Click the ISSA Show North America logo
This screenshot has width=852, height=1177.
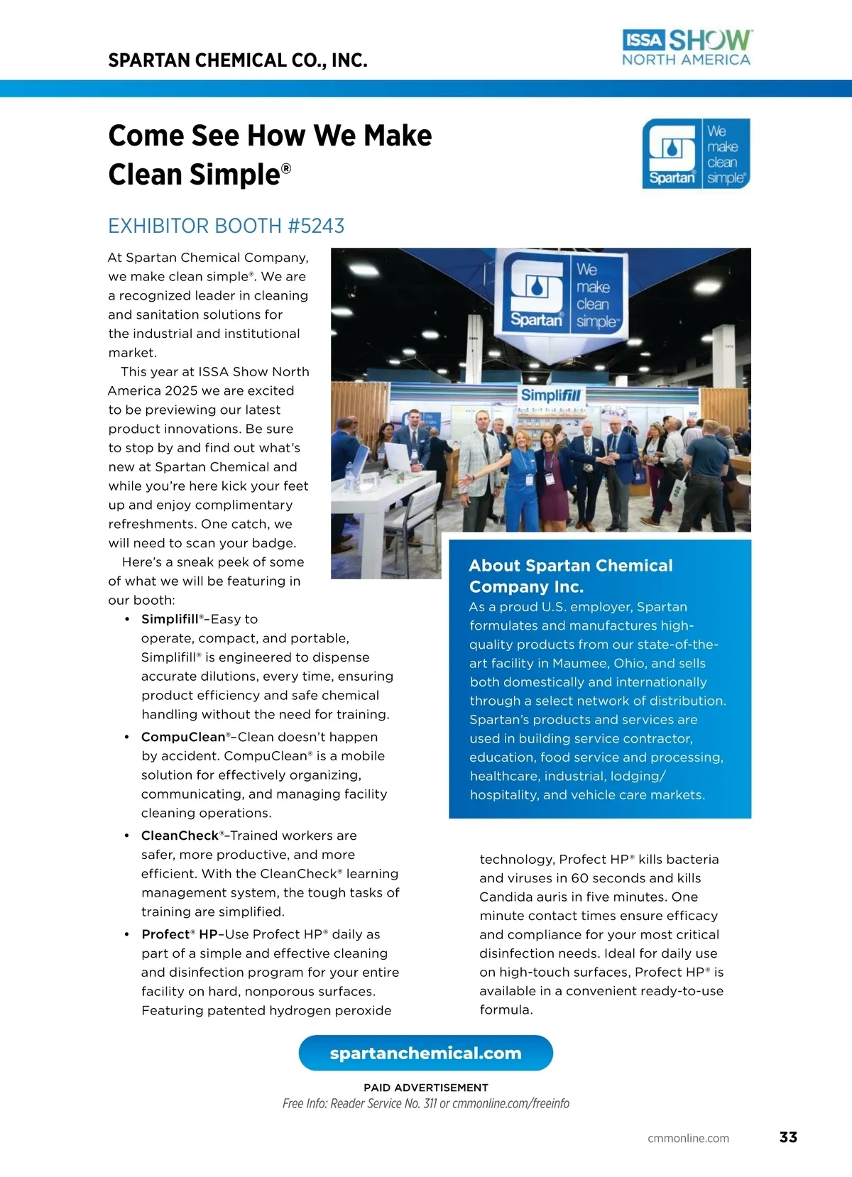pyautogui.click(x=686, y=48)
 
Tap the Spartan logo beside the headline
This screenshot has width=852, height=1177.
pyautogui.click(x=696, y=153)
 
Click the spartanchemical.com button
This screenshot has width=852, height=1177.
pyautogui.click(x=425, y=1053)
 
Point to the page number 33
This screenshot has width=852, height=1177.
pyautogui.click(x=788, y=1137)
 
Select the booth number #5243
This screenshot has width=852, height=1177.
pyautogui.click(x=316, y=226)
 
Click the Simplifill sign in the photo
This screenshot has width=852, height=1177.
pyautogui.click(x=551, y=395)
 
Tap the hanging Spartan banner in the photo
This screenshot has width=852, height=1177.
pyautogui.click(x=566, y=292)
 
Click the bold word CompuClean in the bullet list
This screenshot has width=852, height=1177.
pyautogui.click(x=183, y=737)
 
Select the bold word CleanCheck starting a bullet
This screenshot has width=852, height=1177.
pyautogui.click(x=180, y=836)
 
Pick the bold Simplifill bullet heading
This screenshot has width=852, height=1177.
pyautogui.click(x=170, y=619)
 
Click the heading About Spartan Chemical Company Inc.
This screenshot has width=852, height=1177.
pyautogui.click(x=570, y=576)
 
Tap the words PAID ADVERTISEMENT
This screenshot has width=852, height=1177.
pyautogui.click(x=426, y=1088)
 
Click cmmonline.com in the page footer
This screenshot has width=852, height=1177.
pyautogui.click(x=688, y=1138)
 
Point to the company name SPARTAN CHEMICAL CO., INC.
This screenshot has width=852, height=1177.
pyautogui.click(x=238, y=60)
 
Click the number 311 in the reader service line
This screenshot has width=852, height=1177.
pyautogui.click(x=430, y=1104)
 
